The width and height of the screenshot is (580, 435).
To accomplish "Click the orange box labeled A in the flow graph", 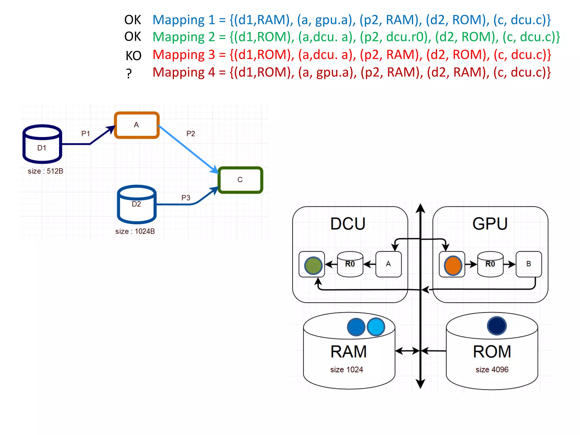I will pyautogui.click(x=137, y=125).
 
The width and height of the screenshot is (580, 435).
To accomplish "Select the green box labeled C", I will pyautogui.click(x=240, y=180).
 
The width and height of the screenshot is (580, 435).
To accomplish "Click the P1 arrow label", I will pyautogui.click(x=86, y=134).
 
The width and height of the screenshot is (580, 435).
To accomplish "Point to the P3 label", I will pyautogui.click(x=186, y=198).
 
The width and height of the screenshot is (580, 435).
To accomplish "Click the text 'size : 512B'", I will pyautogui.click(x=45, y=171).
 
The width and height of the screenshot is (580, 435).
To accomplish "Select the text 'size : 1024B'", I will pyautogui.click(x=135, y=231).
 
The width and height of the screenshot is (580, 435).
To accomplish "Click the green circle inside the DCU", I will pyautogui.click(x=313, y=265).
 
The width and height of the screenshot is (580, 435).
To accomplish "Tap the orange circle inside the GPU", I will pyautogui.click(x=453, y=265).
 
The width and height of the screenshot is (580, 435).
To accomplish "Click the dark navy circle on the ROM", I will pyautogui.click(x=497, y=326).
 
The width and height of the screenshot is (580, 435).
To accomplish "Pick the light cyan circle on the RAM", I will pyautogui.click(x=376, y=327).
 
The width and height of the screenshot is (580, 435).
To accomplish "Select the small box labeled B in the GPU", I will pyautogui.click(x=528, y=264).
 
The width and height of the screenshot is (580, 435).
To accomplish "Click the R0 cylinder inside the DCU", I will pyautogui.click(x=350, y=264).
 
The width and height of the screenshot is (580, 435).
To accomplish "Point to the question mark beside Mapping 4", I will pyautogui.click(x=129, y=74).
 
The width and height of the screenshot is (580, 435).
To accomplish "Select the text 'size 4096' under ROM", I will pyautogui.click(x=492, y=370).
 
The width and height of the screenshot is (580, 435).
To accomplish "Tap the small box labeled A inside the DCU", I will pyautogui.click(x=388, y=264).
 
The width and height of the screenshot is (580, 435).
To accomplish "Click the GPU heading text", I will pyautogui.click(x=490, y=224).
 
